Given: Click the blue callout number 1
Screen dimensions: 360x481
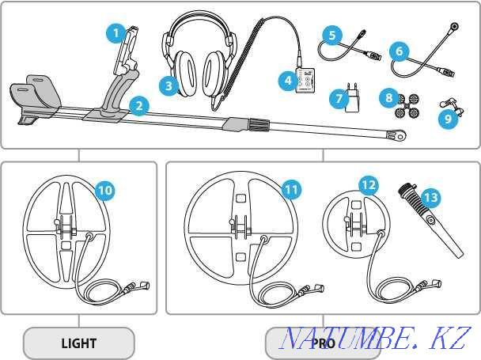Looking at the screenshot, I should (116, 33).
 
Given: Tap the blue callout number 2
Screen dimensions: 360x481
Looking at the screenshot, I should (138, 104).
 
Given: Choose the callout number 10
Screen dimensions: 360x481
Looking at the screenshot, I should (104, 190).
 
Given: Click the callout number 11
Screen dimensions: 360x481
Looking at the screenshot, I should (292, 190).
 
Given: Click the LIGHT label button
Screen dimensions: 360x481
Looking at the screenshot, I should (78, 343).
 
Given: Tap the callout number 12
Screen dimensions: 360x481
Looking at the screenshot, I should (369, 185).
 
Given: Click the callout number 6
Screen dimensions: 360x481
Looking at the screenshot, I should (400, 51).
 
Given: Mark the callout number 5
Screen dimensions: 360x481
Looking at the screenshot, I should (332, 35).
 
